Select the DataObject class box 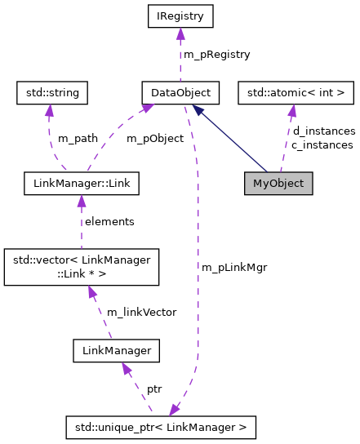point(176,92)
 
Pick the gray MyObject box point(278,183)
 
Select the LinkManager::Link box point(81,183)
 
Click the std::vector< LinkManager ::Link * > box point(81,267)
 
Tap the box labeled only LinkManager point(115,351)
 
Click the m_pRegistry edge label point(217,54)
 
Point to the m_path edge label point(78,138)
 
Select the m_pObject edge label point(154,138)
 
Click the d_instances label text point(323,131)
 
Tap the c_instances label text point(322,144)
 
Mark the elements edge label point(109,221)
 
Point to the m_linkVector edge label point(136,313)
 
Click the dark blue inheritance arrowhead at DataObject point(198,109)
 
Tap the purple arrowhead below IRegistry point(180,34)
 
